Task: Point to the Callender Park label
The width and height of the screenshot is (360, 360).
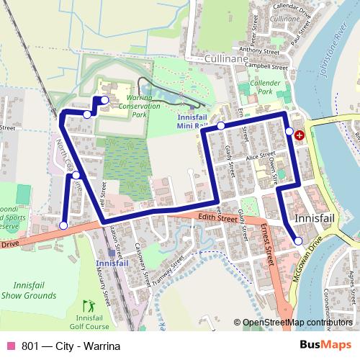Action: [264, 88]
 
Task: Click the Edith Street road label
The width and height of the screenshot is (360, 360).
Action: [217, 217]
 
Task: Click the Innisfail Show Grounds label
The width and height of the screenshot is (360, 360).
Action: [29, 290]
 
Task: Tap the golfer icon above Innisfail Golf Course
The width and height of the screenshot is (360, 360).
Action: [89, 305]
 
